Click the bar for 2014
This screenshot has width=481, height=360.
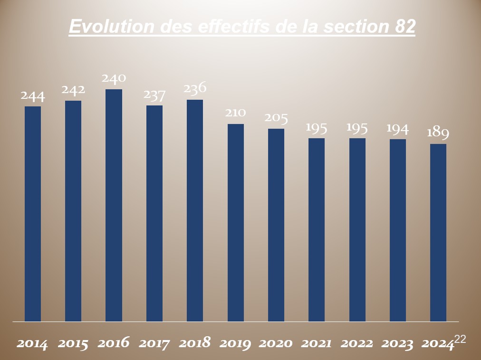(33, 214)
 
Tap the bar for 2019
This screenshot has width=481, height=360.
(236, 223)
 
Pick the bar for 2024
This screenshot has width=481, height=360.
(438, 233)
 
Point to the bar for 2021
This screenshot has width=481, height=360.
(317, 230)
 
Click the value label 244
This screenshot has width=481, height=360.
(33, 96)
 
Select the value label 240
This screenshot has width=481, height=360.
(114, 78)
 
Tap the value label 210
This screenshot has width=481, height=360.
(236, 113)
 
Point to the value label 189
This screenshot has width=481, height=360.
(438, 133)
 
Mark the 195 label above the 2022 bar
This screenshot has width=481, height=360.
(357, 127)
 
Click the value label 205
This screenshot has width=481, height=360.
(276, 118)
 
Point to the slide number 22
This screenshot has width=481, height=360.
(460, 339)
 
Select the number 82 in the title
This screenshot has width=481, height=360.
(405, 27)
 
